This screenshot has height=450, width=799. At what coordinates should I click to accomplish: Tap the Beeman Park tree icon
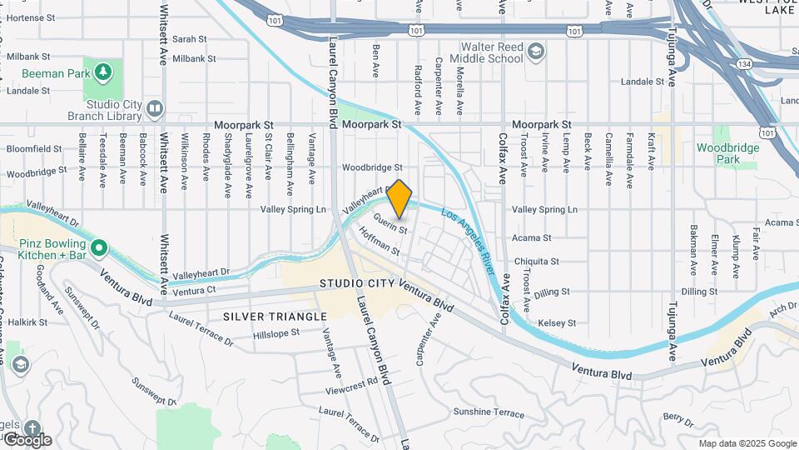coord(102,72)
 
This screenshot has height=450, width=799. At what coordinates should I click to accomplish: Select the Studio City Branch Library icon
coord(155,108)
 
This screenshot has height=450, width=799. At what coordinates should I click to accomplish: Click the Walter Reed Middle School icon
coord(536,52)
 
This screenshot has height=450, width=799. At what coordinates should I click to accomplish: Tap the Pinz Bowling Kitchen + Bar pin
coord(99,247)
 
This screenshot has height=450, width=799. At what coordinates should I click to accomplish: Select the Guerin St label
coord(390,223)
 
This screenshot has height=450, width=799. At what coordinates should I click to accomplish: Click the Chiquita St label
coord(536,261)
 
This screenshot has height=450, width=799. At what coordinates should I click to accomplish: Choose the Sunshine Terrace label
coord(489,412)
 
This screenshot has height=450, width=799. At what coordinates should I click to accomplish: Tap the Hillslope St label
coord(276,333)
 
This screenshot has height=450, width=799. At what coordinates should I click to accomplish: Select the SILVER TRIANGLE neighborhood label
coord(263,317)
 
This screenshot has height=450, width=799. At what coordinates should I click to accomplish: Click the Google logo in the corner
coord(27,439)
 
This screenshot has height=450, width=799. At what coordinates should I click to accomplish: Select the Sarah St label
coord(189,38)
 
